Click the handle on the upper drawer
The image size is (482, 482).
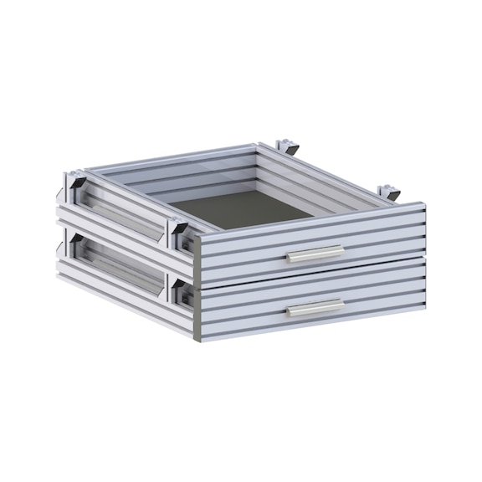[x=315, y=254]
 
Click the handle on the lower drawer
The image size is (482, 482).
[x=315, y=308]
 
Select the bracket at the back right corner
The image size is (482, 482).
[x=389, y=192]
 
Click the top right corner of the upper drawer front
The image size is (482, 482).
[x=423, y=205]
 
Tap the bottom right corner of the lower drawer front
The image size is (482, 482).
[x=423, y=316]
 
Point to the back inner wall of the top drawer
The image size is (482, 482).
[x=176, y=173]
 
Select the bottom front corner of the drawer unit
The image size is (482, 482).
[x=197, y=339]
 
